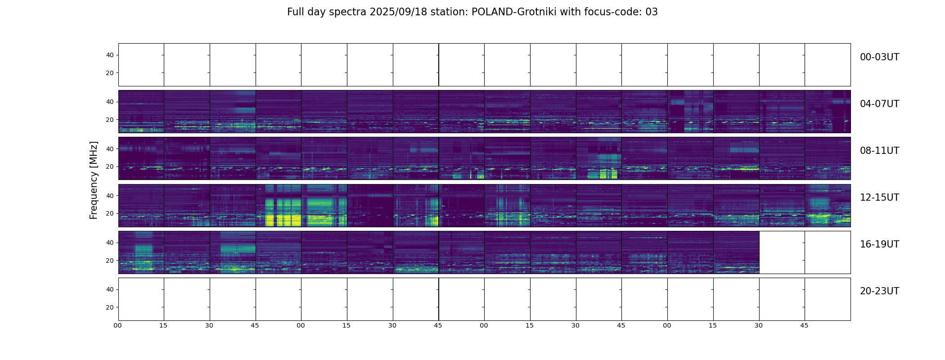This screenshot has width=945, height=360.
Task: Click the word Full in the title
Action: [295, 12]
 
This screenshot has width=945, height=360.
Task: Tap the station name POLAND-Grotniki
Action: [509, 12]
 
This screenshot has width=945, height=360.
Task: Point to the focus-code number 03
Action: [652, 12]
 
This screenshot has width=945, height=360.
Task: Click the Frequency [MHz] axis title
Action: [94, 180]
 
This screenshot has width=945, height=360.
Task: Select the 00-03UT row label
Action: [879, 57]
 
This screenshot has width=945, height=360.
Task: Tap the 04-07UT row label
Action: [879, 104]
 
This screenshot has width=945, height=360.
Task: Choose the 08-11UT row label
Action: [879, 151]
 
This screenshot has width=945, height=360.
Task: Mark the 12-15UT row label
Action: [879, 198]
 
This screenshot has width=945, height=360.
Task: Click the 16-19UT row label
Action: [879, 244]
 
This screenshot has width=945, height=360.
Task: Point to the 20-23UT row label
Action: [879, 291]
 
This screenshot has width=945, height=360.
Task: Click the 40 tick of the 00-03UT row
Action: [110, 55]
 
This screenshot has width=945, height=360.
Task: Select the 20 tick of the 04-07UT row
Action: [110, 120]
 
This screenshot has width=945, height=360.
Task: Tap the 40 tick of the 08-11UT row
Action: [110, 149]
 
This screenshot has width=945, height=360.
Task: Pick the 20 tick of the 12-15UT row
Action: [110, 214]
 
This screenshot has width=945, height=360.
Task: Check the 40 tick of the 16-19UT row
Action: [110, 243]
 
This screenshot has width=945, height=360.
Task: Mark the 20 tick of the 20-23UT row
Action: [110, 307]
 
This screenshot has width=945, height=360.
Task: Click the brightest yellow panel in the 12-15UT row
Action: [279, 206]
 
